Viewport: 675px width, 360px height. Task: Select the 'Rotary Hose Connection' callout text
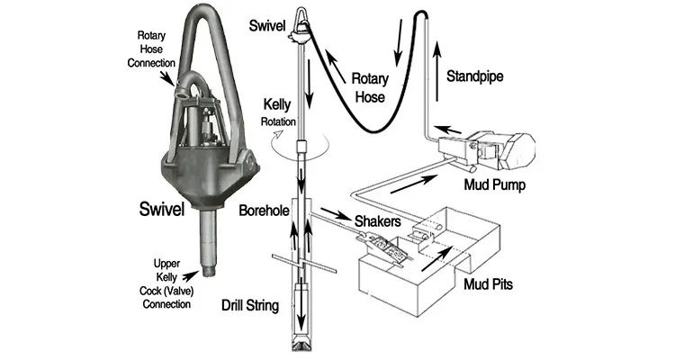(x=152, y=53)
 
